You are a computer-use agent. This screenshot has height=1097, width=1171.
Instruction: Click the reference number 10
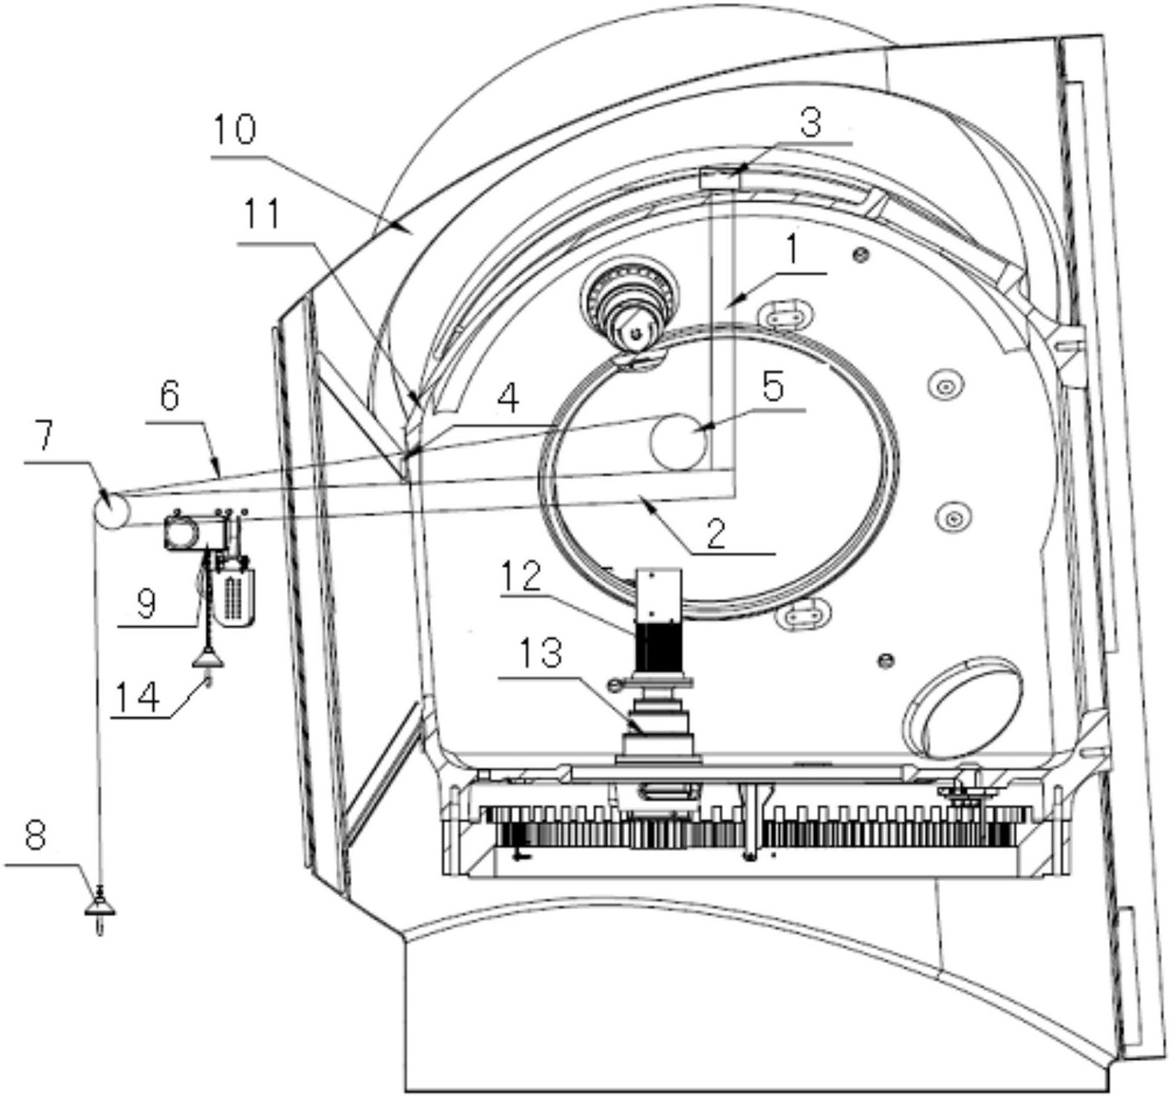click(234, 130)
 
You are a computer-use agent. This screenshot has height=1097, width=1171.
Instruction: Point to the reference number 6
click(170, 396)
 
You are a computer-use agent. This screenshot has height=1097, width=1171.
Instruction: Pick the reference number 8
click(36, 837)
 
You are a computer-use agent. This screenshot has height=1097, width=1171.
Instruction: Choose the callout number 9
click(146, 602)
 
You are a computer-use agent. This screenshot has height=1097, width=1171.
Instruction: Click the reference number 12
click(521, 575)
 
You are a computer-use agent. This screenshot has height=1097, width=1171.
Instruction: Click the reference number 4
click(508, 400)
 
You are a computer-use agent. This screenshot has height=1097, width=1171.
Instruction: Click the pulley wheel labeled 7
click(111, 512)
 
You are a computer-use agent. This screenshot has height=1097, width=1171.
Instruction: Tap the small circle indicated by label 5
click(678, 441)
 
